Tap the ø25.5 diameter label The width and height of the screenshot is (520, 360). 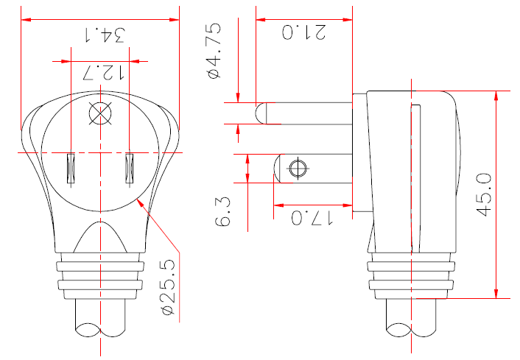click(x=168, y=292)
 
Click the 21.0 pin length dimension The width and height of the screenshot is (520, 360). click(x=303, y=33)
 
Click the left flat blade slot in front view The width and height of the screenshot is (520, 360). click(x=71, y=168)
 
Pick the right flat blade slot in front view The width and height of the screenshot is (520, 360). click(x=130, y=168)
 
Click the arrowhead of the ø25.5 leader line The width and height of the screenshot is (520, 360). click(x=140, y=201)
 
